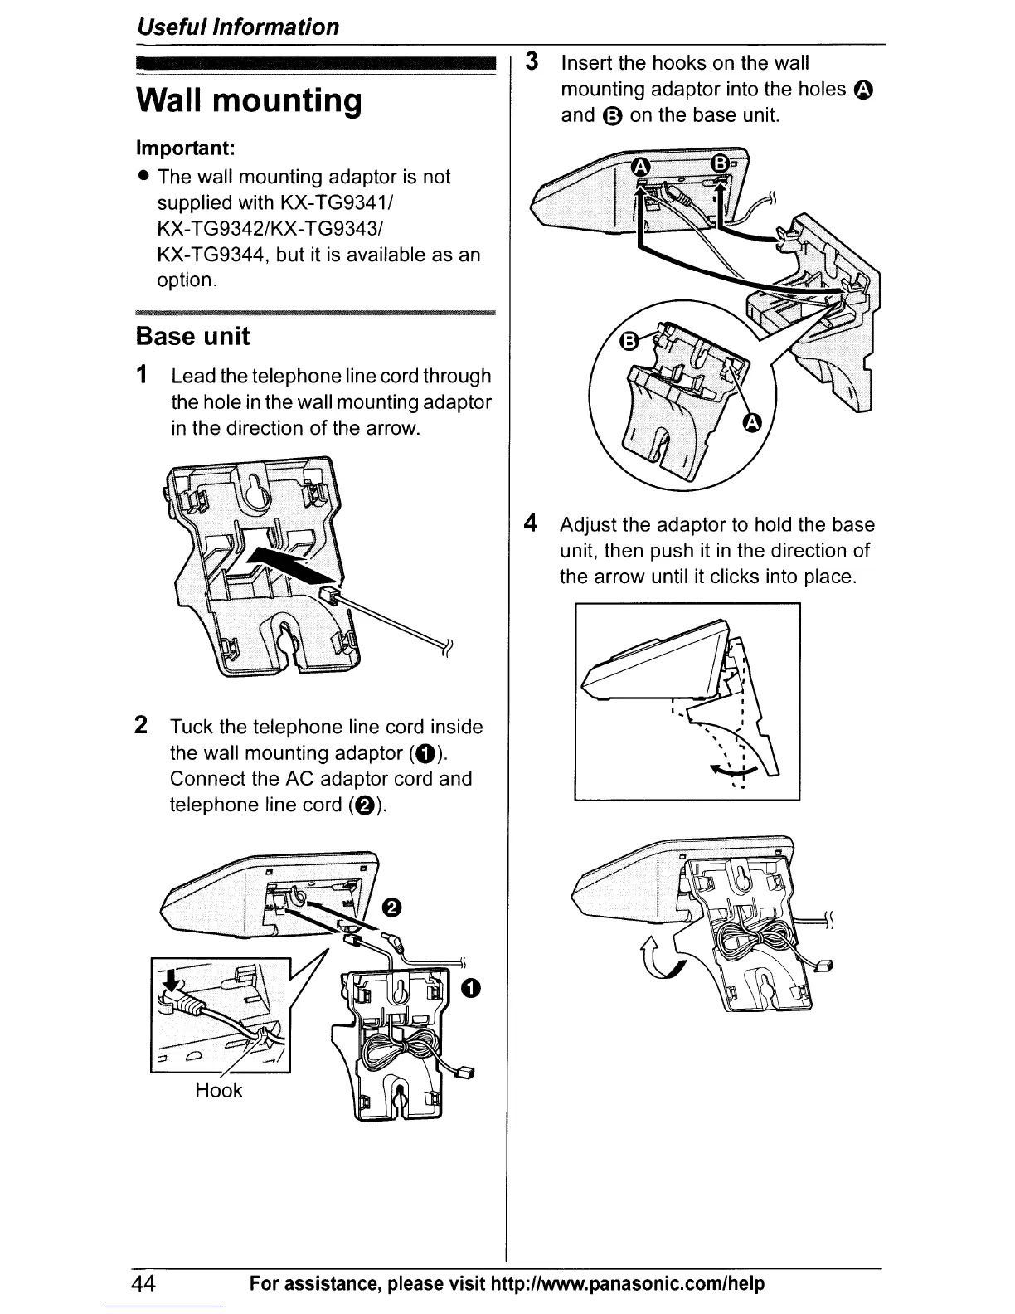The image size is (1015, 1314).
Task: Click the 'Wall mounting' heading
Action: coord(249,101)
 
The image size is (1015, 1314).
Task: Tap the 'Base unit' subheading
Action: coord(192,337)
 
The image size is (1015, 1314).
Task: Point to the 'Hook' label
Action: coord(218,1090)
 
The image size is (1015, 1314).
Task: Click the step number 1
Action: coord(143,375)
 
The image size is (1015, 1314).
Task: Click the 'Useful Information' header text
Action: coord(238,27)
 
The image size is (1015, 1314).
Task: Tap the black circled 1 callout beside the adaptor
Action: coord(471,987)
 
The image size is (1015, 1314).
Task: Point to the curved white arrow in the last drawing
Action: coord(659,956)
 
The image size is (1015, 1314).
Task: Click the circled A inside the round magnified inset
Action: coord(752,425)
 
